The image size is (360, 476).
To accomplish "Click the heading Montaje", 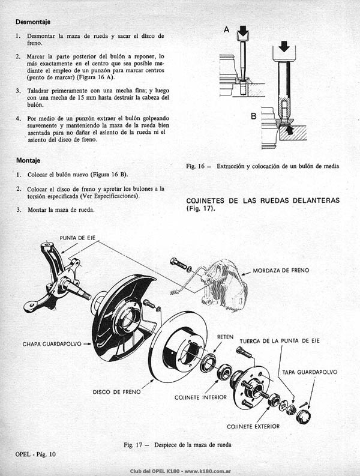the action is coord(28,160).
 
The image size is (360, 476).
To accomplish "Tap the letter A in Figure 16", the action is coord(226,29).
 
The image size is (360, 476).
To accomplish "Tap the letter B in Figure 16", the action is coord(253,116).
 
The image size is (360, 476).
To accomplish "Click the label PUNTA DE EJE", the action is coord(77,238).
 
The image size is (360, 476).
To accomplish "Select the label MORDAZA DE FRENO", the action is coord(281,270).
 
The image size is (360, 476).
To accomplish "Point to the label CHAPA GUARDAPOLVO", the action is coord(52,344).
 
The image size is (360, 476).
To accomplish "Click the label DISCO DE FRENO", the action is coord(116,392).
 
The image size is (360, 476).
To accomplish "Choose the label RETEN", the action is coord(225,337).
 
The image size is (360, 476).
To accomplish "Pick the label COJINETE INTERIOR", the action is coord(200,397).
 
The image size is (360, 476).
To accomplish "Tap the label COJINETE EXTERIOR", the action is coord(253,427).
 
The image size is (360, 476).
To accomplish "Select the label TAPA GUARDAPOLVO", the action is coord(310,372).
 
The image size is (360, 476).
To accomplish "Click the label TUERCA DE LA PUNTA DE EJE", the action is coord(280,341).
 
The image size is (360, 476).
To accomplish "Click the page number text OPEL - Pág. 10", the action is coord(35,454).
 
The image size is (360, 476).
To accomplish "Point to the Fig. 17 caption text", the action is coord(178,445).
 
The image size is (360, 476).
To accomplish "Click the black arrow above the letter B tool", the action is coord(284,47).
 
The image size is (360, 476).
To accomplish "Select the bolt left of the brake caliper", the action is coord(178,263).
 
